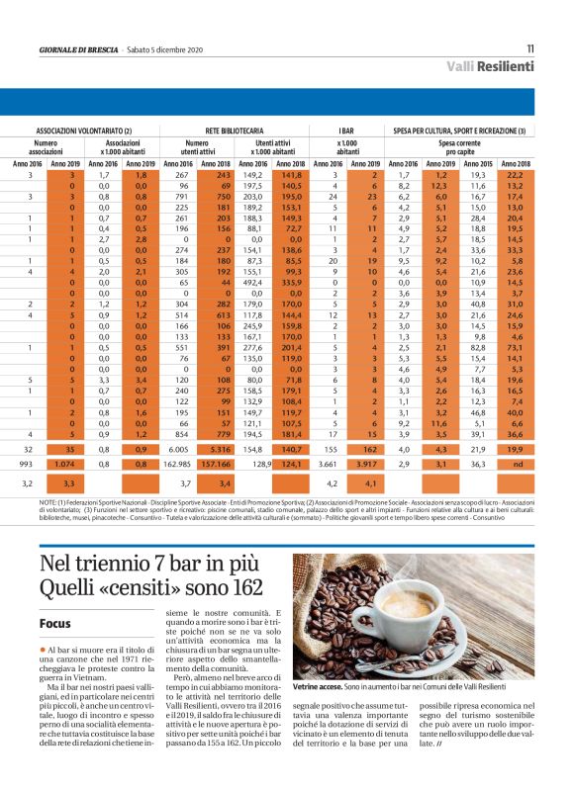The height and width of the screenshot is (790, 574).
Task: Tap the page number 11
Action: coord(529,47)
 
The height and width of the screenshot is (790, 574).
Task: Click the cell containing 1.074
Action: coord(63,463)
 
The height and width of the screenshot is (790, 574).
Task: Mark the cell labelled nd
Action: coord(516,463)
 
